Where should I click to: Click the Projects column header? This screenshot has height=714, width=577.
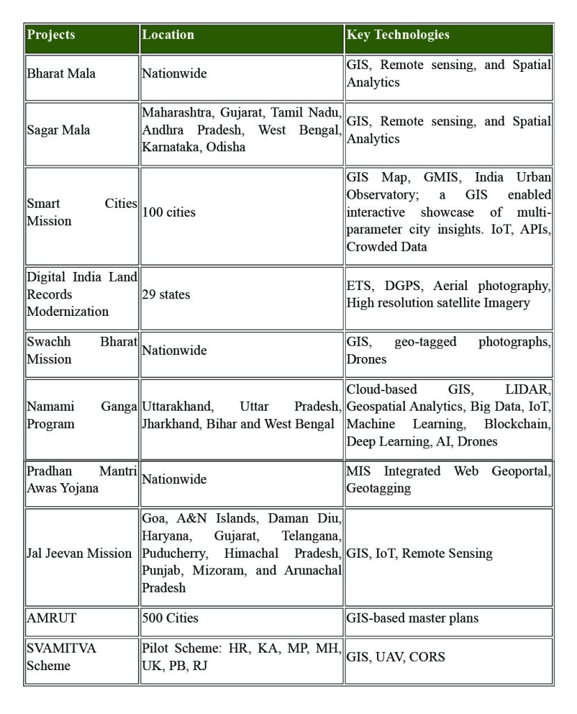coord(51,35)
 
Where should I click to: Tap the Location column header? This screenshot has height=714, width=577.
coord(168,35)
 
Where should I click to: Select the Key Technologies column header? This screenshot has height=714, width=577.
coord(398,35)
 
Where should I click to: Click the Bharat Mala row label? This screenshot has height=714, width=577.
coord(61,73)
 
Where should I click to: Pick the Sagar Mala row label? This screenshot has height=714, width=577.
coord(59,130)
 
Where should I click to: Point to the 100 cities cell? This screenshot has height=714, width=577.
coord(169,212)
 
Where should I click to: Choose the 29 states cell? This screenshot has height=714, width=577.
coord(166,294)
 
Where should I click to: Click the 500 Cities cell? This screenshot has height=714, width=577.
coord(170,618)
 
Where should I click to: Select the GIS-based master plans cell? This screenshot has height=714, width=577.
coord(413,618)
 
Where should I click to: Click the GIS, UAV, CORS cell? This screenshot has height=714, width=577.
coord(396,657)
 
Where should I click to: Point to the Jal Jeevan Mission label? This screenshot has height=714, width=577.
coord(79,554)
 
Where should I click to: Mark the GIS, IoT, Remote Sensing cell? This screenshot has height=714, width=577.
coord(420,554)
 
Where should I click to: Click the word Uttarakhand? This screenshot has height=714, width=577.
coord(178,407)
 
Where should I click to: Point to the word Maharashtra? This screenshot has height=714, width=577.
coord(176,112)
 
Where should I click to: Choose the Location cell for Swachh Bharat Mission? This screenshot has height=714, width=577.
coord(174,350)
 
